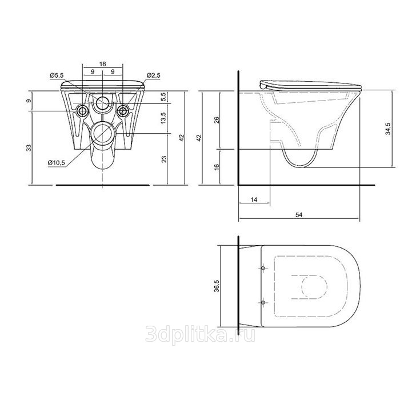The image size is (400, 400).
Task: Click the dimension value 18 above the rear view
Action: pyautogui.click(x=102, y=64)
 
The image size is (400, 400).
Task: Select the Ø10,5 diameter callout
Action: pyautogui.click(x=57, y=162)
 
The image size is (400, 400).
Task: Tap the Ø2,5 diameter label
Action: pyautogui.click(x=154, y=75)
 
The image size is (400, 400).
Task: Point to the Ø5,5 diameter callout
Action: pyautogui.click(x=57, y=75)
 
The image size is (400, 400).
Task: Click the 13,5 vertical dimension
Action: pyautogui.click(x=163, y=118)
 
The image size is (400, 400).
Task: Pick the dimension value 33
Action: pyautogui.click(x=29, y=147)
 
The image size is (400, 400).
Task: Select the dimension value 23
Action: pyautogui.click(x=165, y=159)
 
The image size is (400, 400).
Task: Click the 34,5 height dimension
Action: pyautogui.click(x=388, y=129)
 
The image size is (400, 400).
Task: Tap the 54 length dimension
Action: pyautogui.click(x=299, y=215)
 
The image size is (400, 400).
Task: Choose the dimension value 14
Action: pyautogui.click(x=254, y=199)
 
